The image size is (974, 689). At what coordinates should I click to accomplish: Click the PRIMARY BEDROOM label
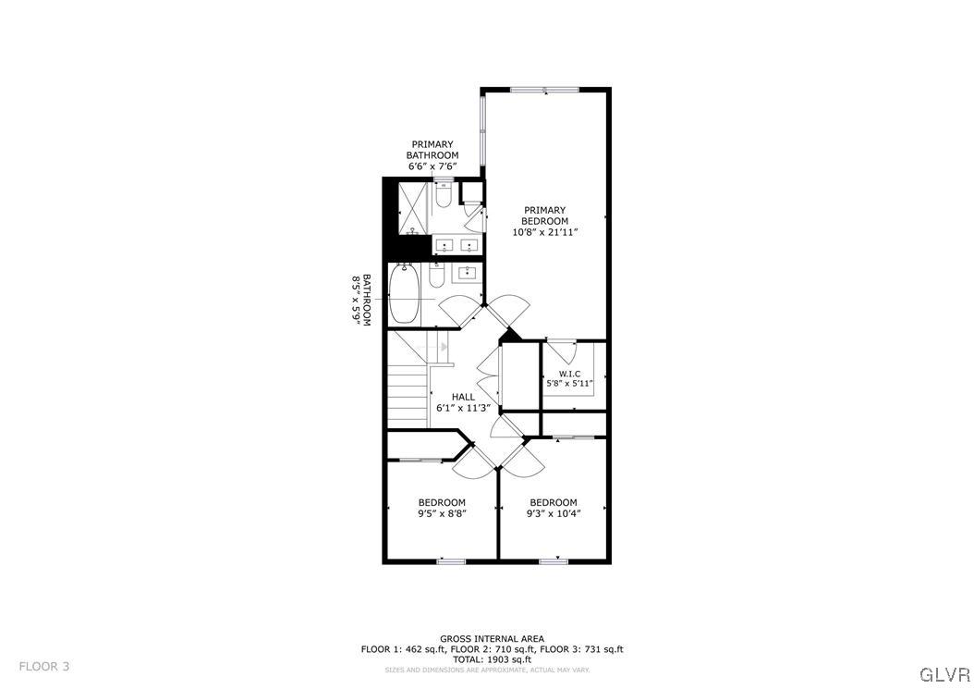coord(544,215)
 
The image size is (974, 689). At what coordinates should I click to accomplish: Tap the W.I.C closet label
coord(569,374)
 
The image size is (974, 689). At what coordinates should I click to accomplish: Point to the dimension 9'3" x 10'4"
coord(553,514)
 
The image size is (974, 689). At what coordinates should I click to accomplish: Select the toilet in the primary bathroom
coord(442,197)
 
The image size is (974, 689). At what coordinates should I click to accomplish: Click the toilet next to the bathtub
coord(438,275)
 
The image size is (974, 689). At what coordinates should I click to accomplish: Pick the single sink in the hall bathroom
coord(469,273)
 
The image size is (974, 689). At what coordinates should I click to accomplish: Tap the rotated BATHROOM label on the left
coord(366,299)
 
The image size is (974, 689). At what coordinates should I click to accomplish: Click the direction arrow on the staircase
coord(444,347)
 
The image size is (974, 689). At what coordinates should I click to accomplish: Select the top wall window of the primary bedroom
coord(544,90)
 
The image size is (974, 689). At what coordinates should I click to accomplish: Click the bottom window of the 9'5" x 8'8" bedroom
coord(451,560)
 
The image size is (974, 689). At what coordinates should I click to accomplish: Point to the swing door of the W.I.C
coord(560,352)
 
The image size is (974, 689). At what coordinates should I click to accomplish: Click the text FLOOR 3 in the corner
coord(44,666)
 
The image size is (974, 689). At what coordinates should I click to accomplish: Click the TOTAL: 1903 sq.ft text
coord(492,659)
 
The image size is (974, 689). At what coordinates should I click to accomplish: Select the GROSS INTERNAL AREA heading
coord(492,638)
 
